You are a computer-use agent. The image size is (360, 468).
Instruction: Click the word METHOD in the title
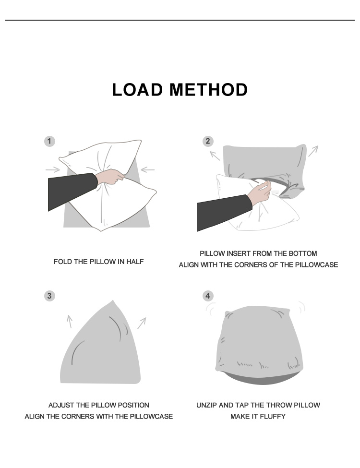(209, 90)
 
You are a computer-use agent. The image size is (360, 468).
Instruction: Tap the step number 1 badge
(49, 141)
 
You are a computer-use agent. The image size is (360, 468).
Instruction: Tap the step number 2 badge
(207, 141)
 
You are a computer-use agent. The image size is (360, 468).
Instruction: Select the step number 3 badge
(49, 296)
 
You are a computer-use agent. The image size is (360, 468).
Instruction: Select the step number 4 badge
(207, 296)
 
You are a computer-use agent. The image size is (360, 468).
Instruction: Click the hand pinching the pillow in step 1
(111, 177)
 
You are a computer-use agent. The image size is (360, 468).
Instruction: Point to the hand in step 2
(259, 192)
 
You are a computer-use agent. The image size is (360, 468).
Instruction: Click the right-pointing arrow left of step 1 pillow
(53, 169)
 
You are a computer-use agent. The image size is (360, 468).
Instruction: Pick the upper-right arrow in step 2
(312, 151)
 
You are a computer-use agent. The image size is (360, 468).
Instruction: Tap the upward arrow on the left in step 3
(70, 321)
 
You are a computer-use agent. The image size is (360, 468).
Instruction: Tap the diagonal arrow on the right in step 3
(142, 323)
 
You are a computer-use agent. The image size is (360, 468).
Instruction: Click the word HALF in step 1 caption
(134, 262)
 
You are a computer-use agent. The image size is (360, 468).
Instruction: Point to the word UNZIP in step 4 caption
(206, 405)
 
